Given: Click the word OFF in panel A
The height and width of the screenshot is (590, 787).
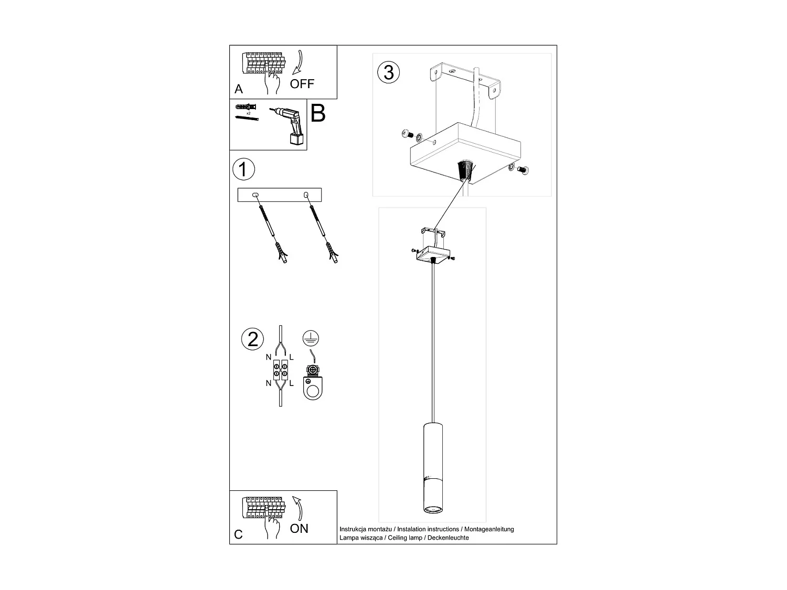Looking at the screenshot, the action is click(302, 84).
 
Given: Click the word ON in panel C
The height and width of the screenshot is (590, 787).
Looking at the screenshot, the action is click(299, 528).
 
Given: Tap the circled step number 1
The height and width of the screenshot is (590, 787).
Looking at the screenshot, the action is click(243, 169).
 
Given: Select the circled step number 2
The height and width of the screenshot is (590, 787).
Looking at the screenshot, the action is click(253, 339).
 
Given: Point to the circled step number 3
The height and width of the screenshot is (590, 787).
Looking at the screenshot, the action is click(388, 72).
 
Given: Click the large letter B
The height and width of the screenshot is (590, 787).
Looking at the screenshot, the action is click(318, 113).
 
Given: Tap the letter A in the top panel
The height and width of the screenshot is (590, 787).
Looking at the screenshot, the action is click(239, 89).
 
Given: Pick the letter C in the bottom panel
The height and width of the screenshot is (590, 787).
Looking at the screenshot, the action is click(239, 534).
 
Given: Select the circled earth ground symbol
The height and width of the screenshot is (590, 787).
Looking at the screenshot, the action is click(311, 338).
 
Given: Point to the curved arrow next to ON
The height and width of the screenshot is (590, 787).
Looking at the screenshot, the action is click(299, 508).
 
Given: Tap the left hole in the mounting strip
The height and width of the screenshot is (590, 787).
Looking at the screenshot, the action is click(256, 196).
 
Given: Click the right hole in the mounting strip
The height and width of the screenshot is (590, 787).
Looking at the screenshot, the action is click(306, 196).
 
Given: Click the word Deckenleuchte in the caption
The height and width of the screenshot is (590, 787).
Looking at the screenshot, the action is click(449, 538).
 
